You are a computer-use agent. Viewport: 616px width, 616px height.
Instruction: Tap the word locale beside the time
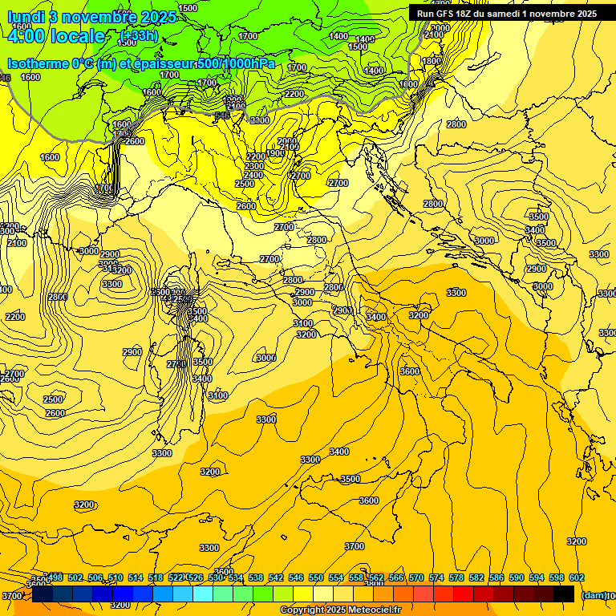(x=77, y=36)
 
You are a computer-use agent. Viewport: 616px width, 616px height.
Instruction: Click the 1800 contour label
(x=432, y=61)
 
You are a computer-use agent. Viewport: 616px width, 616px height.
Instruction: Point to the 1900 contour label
(x=275, y=153)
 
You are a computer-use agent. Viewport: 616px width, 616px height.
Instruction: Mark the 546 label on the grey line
(x=222, y=115)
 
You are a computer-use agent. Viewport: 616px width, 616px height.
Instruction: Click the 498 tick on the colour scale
(x=55, y=577)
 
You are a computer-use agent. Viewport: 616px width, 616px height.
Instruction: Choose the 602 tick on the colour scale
(x=577, y=577)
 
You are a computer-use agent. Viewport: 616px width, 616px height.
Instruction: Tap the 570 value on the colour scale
(x=416, y=577)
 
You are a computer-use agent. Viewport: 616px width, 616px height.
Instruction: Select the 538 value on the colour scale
(x=256, y=577)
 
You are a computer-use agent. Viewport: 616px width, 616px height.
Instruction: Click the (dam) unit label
(x=593, y=595)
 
